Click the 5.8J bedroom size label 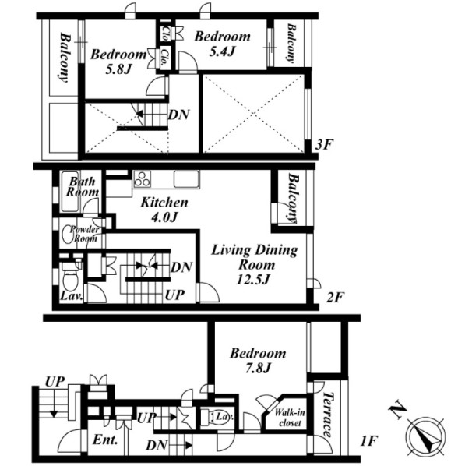pos(118,70)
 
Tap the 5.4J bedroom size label pos(222,51)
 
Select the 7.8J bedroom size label pos(258,369)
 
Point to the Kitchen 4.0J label pos(164,210)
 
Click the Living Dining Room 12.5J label pos(254,264)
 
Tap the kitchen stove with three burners pos(142,179)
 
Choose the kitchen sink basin pos(186,179)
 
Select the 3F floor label pos(323,145)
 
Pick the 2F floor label pos(335,297)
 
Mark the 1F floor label pos(368,441)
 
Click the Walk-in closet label pos(290,417)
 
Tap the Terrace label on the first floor pos(327,415)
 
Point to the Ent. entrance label pos(105,440)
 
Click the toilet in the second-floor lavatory pos(70,278)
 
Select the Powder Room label pos(84,234)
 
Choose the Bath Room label pos(82,187)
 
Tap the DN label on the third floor pos(178,115)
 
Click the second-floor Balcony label pos(293,198)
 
